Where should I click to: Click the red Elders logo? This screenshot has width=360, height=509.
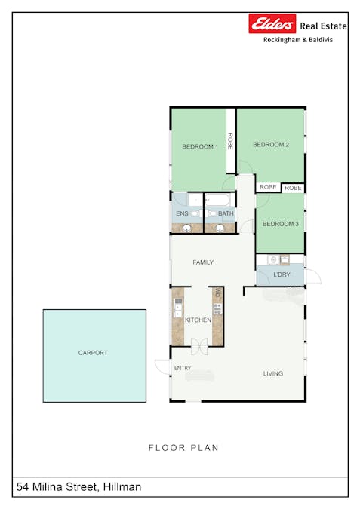tap(272, 23)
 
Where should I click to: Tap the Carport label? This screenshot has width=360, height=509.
tap(93, 353)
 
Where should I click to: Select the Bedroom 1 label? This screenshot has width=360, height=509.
tap(200, 147)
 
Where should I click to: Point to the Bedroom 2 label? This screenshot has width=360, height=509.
tap(271, 145)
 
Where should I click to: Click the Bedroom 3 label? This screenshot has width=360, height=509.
tap(281, 224)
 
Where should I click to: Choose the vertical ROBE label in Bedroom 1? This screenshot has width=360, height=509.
tap(230, 141)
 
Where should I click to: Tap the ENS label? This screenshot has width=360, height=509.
tap(182, 213)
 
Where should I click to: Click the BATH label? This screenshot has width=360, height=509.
tap(226, 213)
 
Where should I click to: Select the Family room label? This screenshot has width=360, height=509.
tap(203, 262)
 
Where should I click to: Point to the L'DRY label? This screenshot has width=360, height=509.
tap(282, 274)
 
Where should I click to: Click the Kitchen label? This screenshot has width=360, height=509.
tap(198, 320)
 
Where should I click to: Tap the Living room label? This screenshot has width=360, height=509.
tap(273, 373)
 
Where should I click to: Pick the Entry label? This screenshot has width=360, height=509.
tap(183, 368)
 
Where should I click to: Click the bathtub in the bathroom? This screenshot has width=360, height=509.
tap(218, 200)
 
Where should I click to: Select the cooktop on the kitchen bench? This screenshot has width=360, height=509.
tap(217, 308)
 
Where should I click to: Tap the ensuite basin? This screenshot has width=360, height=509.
tap(187, 228)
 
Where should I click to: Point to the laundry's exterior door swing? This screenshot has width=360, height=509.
tap(313, 277)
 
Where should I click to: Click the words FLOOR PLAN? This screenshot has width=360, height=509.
tap(183, 448)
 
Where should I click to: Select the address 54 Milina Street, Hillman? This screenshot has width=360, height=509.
tap(79, 487)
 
